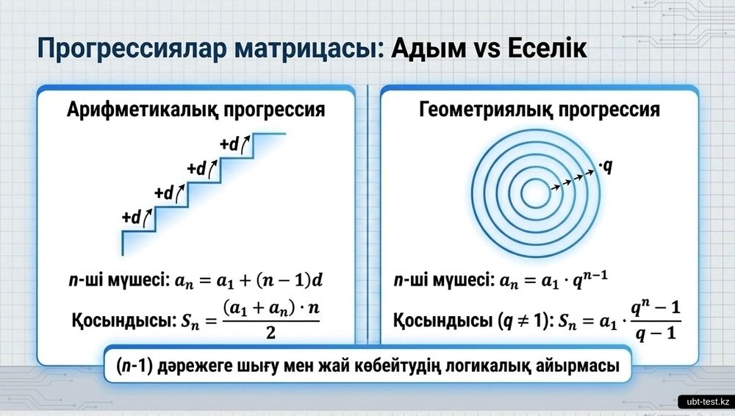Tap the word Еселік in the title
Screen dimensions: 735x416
547,49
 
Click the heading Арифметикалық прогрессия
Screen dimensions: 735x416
196,110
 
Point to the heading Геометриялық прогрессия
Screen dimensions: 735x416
539,110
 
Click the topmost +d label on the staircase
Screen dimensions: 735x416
229,144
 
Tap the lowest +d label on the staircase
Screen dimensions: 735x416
132,217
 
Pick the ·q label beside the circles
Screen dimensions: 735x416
606,166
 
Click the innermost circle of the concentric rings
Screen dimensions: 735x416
536,179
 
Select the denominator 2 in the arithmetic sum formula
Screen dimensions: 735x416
270,332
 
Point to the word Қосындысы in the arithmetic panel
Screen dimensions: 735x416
124,320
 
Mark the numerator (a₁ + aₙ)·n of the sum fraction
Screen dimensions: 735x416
271,309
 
